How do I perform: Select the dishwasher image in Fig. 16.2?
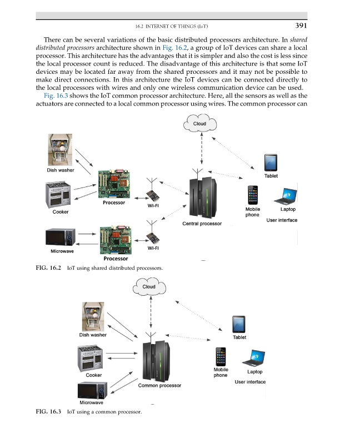tap(62, 150)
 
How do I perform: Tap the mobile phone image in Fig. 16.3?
tap(221, 357)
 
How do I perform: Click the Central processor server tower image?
tap(202, 197)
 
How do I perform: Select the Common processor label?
tap(159, 385)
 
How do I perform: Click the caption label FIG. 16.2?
tap(48, 269)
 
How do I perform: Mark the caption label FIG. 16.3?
tap(48, 412)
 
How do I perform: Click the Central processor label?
tap(202, 224)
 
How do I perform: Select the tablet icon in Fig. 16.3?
tap(239, 324)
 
